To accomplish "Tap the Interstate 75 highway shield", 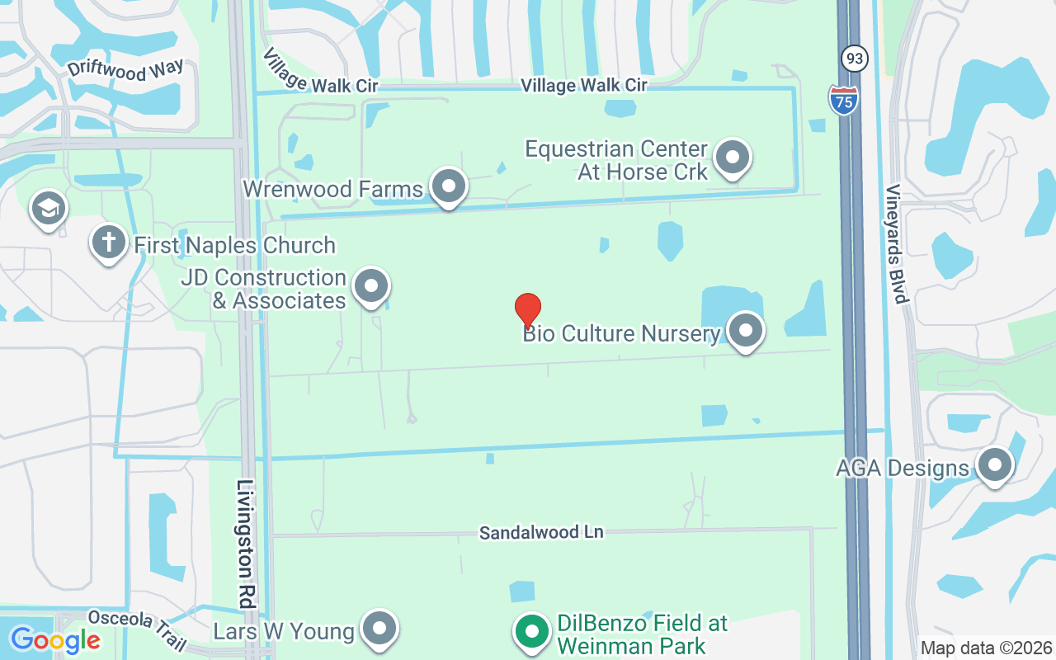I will pyautogui.click(x=843, y=99).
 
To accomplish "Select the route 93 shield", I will pyautogui.click(x=854, y=58).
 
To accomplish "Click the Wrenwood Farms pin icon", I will pyautogui.click(x=449, y=186).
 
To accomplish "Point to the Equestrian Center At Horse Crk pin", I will pyautogui.click(x=731, y=158).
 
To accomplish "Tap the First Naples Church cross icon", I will pyautogui.click(x=108, y=243).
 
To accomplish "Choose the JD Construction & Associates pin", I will pyautogui.click(x=370, y=287).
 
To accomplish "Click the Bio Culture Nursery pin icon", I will pyautogui.click(x=746, y=331).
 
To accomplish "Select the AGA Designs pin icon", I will pyautogui.click(x=994, y=466).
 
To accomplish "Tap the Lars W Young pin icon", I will pyautogui.click(x=379, y=629).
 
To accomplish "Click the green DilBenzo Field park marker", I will pyautogui.click(x=532, y=632).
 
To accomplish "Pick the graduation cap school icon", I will pyautogui.click(x=48, y=209).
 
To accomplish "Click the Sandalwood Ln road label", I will pyautogui.click(x=541, y=532).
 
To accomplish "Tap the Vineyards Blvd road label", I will pyautogui.click(x=897, y=243).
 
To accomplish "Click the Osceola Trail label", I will pyautogui.click(x=137, y=628).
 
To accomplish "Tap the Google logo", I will pyautogui.click(x=55, y=639).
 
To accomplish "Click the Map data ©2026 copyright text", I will pyautogui.click(x=986, y=648).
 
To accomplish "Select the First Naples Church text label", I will pyautogui.click(x=234, y=245).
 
